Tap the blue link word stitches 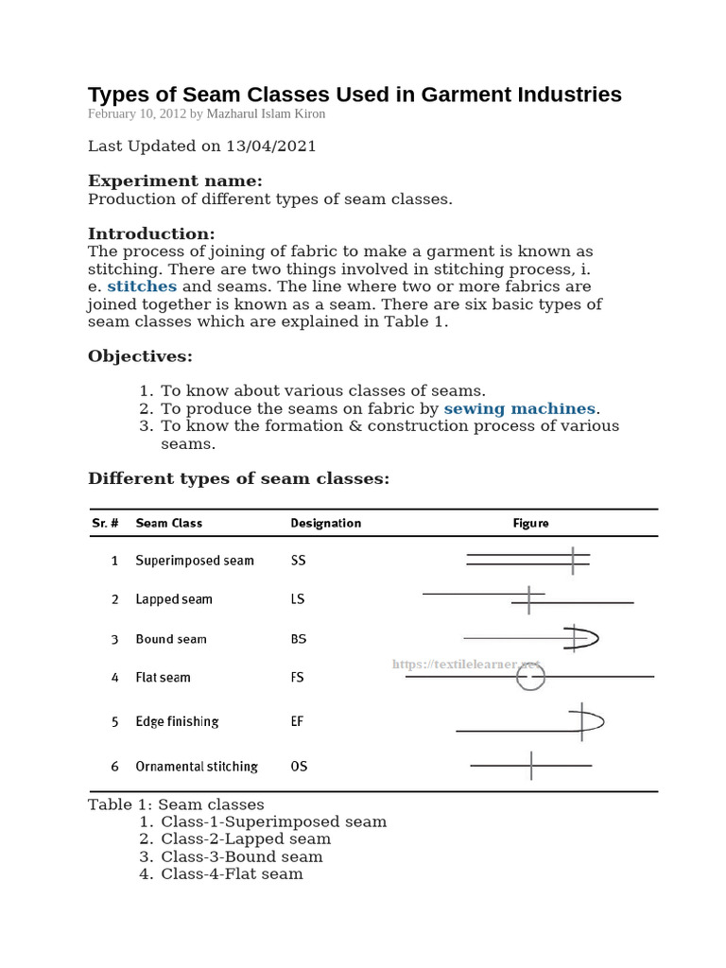pos(142,286)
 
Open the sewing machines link pos(519,408)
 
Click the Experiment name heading pos(175,181)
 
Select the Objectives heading pos(140,356)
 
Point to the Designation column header pos(325,523)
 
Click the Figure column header pos(530,523)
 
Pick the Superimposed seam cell pos(195,561)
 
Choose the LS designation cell pos(298,599)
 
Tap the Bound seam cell pos(171,639)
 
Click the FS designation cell pos(298,678)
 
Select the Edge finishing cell pos(177,721)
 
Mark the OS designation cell pos(299,767)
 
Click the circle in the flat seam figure pos(531,677)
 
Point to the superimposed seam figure pos(528,560)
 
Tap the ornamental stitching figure pos(531,765)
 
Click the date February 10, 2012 pos(137,114)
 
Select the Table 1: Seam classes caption pos(176,804)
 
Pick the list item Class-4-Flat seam pos(232,873)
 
